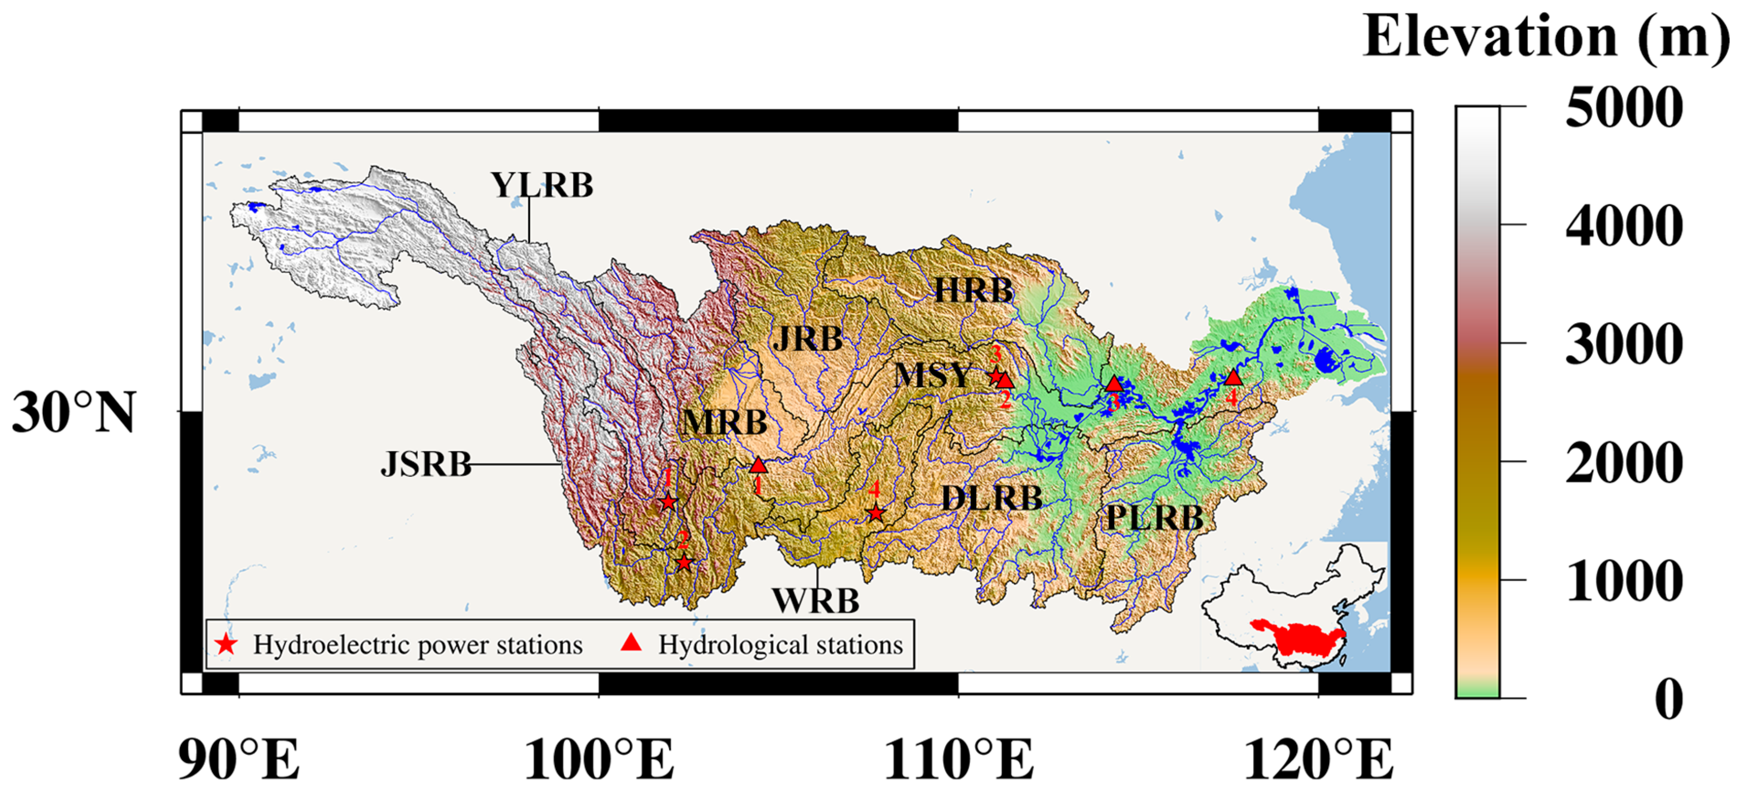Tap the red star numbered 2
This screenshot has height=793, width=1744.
[684, 562]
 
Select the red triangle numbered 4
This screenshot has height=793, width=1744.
[1233, 378]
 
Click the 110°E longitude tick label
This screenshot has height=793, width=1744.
[959, 759]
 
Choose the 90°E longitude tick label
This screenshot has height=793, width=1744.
[238, 759]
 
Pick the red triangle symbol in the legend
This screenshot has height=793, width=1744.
[631, 643]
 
